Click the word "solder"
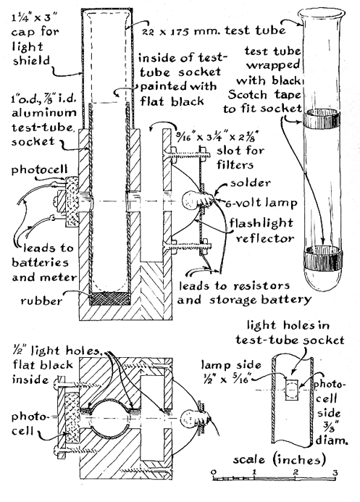tap(251, 183)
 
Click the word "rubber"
tap(41, 301)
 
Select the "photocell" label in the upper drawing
tap(40, 170)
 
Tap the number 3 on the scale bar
tap(335, 472)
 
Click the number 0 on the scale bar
tap(214, 472)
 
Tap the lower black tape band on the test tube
tap(323, 259)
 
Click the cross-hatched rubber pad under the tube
tap(110, 298)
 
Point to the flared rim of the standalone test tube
tap(322, 14)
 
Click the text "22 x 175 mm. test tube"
tap(214, 30)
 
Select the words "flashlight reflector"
tap(261, 230)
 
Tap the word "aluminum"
tap(44, 113)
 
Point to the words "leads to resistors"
tap(234, 285)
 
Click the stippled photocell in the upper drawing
tap(72, 201)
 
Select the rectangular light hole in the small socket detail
tap(291, 390)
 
